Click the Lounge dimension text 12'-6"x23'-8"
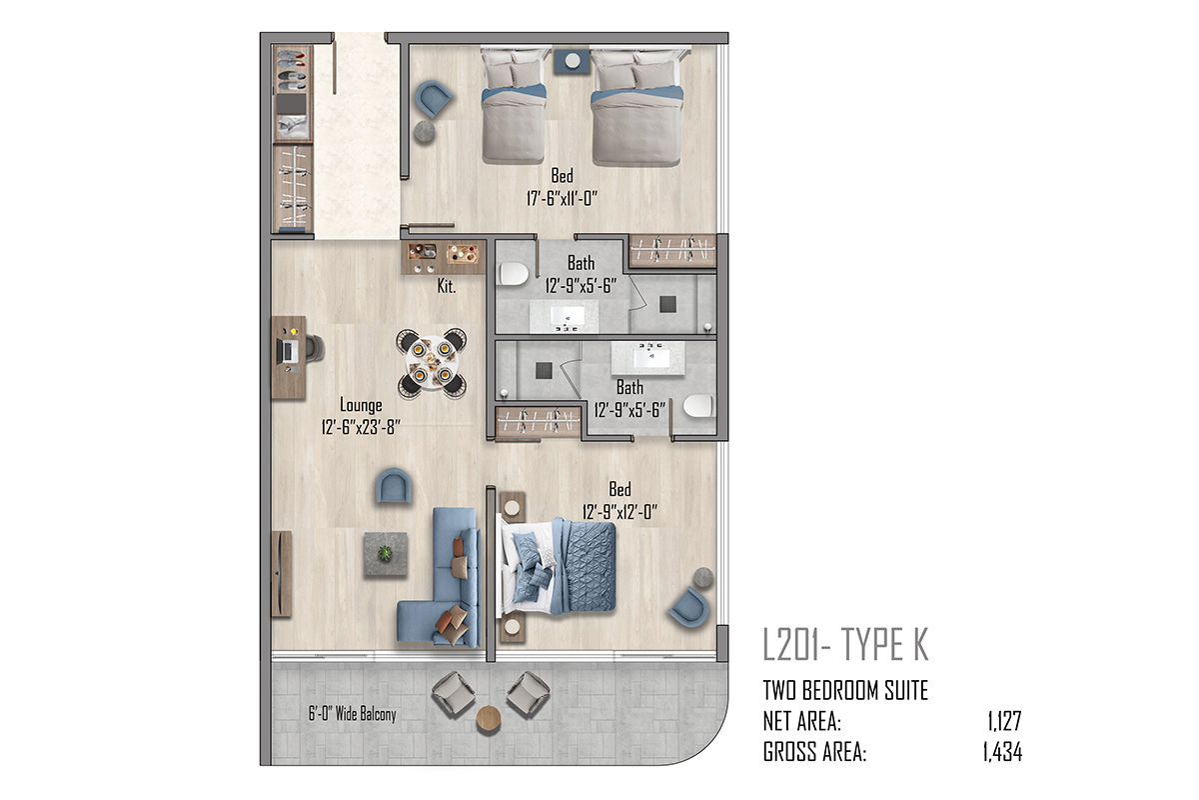pyautogui.click(x=361, y=427)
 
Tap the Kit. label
pyautogui.click(x=447, y=287)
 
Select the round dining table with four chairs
pyautogui.click(x=432, y=363)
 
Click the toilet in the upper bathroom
pyautogui.click(x=514, y=274)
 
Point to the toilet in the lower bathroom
pyautogui.click(x=698, y=406)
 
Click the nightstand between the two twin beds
pyautogui.click(x=572, y=61)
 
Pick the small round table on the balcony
pyautogui.click(x=489, y=718)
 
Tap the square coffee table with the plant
pyautogui.click(x=386, y=554)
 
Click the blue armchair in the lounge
pyautogui.click(x=394, y=486)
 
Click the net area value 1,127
pyautogui.click(x=1005, y=721)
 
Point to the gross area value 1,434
pyautogui.click(x=1002, y=752)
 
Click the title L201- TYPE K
pyautogui.click(x=845, y=644)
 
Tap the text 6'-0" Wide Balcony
pyautogui.click(x=352, y=714)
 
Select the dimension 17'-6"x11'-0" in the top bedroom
pyautogui.click(x=562, y=199)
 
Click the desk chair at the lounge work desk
pyautogui.click(x=315, y=348)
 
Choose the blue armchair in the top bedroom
pyautogui.click(x=434, y=98)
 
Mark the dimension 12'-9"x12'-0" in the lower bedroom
pyautogui.click(x=619, y=512)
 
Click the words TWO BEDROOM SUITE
pyautogui.click(x=845, y=691)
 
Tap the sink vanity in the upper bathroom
pyautogui.click(x=565, y=316)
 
